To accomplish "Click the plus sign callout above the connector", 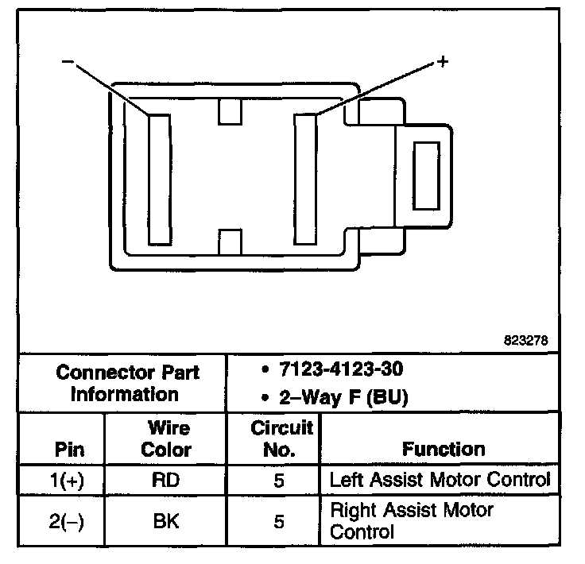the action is coord(443,61).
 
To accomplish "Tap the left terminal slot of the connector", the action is coord(159,178).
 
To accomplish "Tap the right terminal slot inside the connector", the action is coord(306,178).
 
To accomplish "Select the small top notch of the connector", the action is coord(230,112).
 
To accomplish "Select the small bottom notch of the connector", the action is coord(230,242).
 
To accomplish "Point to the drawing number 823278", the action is coord(525,341).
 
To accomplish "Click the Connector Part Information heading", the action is coord(127,383).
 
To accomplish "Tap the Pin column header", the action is coord(69,449).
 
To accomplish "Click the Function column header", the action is coord(444,449).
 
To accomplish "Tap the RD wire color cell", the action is coord(167,481).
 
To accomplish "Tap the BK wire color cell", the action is coord(167,521).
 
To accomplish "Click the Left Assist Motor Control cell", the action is coord(439,480).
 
